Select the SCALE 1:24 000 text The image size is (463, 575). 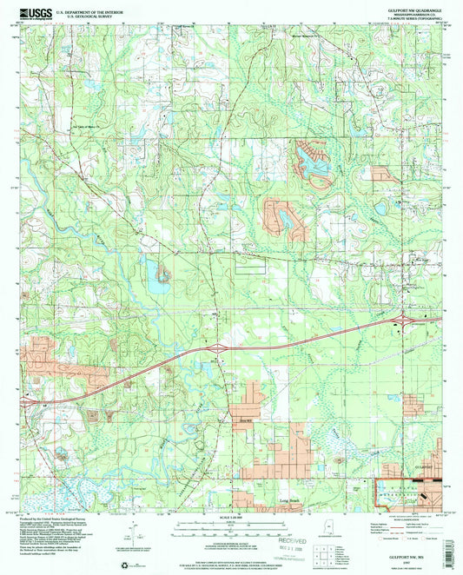click(231, 519)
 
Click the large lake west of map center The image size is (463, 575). click(159, 280)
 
